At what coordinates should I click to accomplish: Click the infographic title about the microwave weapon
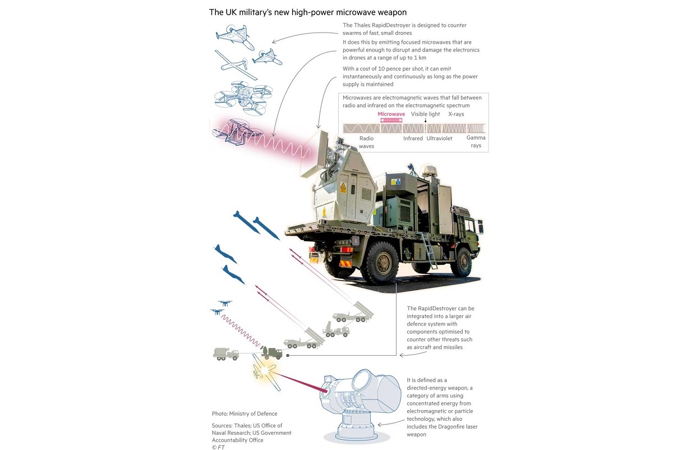click(308, 12)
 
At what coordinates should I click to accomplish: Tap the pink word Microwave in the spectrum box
click(391, 114)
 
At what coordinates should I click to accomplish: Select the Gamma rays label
click(476, 141)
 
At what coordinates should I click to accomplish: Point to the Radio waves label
click(366, 142)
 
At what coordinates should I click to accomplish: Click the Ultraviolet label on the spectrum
click(439, 138)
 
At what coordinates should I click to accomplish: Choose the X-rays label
click(456, 114)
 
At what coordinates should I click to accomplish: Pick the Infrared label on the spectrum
click(413, 138)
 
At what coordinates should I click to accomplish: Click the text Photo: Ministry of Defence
click(244, 414)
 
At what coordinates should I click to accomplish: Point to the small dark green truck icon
click(272, 353)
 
